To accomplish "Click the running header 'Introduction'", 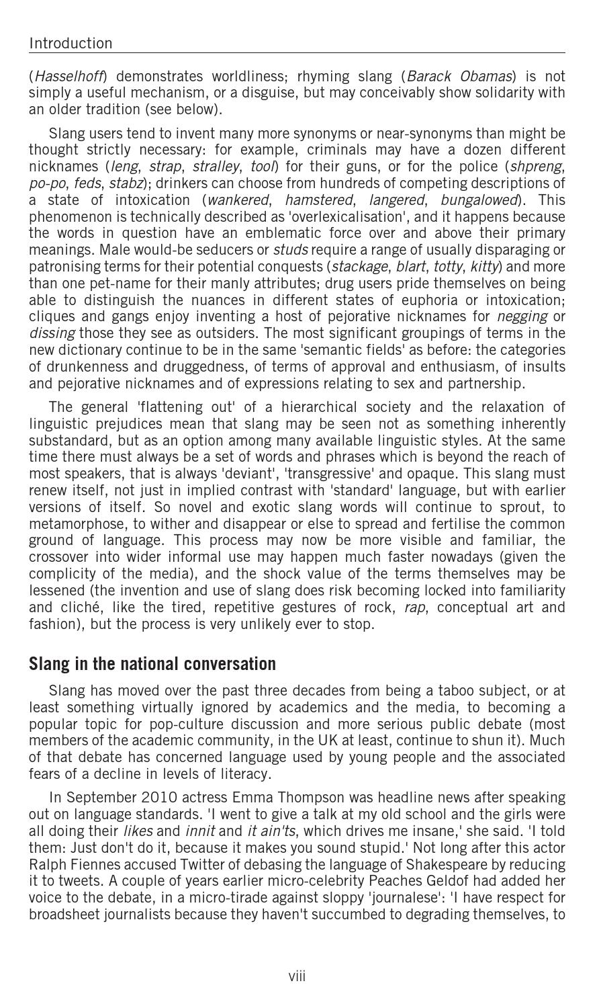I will click(x=71, y=44).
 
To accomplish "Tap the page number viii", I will click(x=297, y=976).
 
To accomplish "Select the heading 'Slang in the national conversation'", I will click(x=152, y=664).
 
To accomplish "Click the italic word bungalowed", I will click(x=479, y=200).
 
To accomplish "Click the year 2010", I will click(x=159, y=798).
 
